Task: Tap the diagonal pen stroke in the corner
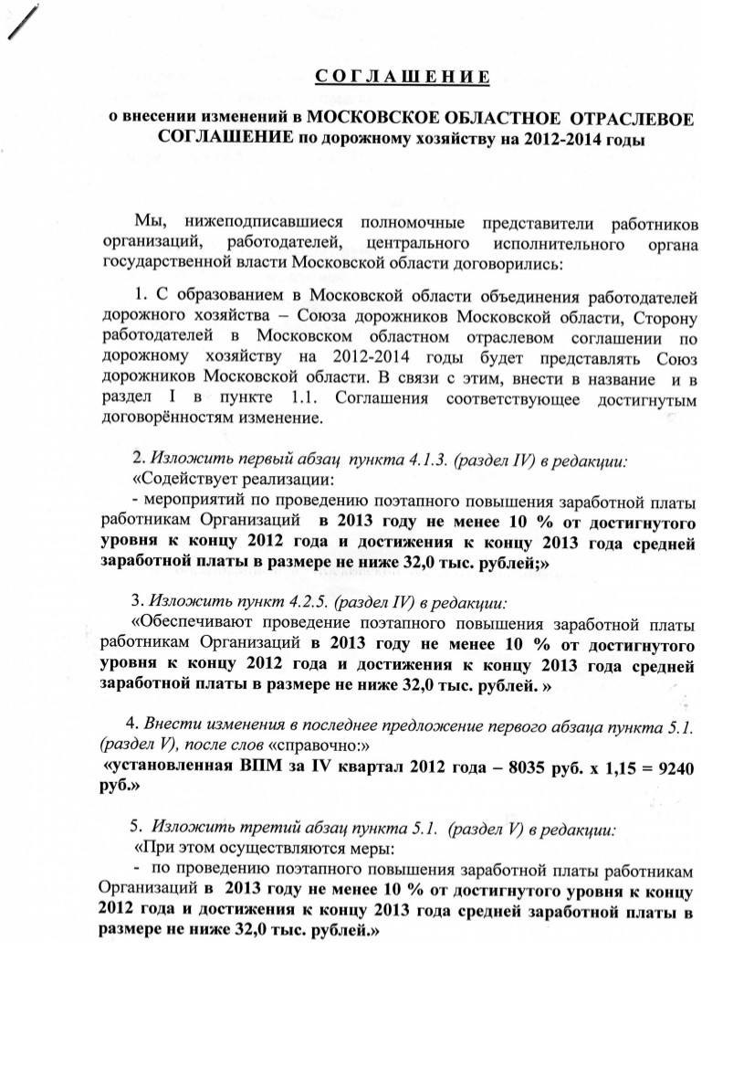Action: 24,22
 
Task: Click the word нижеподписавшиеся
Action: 263,222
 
